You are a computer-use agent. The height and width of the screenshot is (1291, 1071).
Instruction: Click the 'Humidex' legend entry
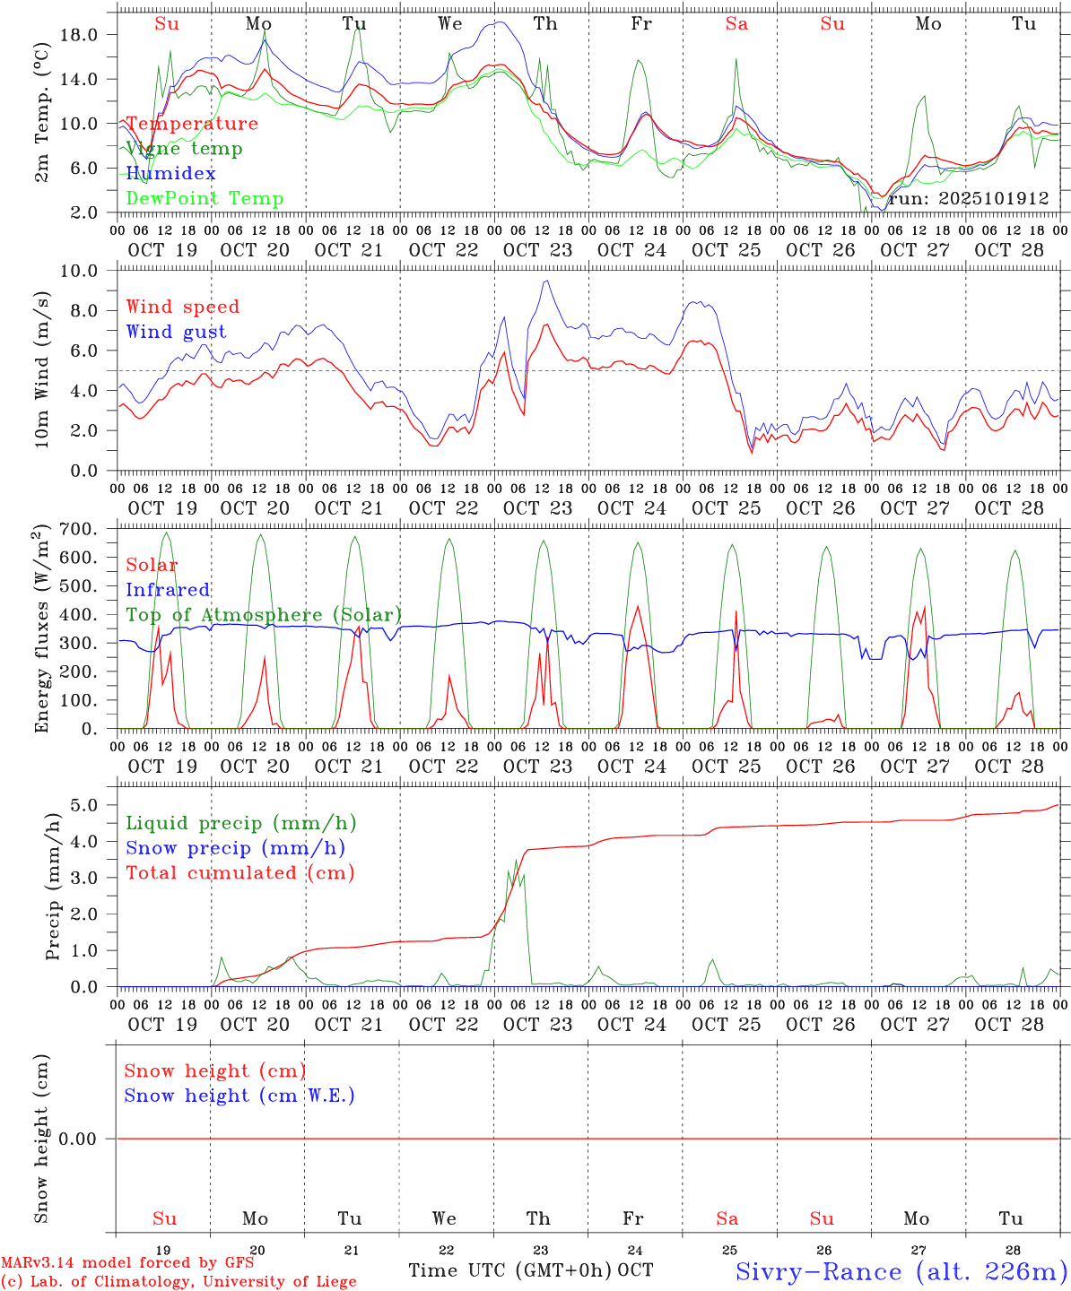tap(170, 174)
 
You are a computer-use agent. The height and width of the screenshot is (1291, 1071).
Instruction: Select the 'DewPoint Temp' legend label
tap(205, 199)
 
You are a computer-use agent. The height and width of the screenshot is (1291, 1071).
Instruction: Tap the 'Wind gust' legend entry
tap(176, 332)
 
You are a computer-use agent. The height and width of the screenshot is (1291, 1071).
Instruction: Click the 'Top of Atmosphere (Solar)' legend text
tap(264, 615)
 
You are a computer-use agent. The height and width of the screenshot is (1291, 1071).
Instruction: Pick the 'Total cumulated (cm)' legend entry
tap(239, 873)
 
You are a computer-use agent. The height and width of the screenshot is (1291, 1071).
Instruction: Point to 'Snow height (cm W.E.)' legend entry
tap(239, 1096)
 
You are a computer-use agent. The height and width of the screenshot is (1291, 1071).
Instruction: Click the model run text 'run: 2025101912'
tap(969, 199)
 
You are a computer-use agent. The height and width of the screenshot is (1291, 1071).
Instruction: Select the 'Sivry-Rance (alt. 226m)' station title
tap(901, 1271)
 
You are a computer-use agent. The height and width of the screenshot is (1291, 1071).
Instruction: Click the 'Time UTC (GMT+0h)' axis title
tap(510, 1270)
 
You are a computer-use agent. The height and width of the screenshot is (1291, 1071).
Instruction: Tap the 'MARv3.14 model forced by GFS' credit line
tap(127, 1263)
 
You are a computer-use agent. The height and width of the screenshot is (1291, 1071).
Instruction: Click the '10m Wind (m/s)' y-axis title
tap(41, 370)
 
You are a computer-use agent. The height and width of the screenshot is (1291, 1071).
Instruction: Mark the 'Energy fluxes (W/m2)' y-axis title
tap(41, 628)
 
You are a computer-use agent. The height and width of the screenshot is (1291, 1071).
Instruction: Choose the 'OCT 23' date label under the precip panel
tap(537, 1024)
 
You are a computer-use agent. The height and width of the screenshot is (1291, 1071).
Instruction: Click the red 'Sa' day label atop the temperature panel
tap(736, 24)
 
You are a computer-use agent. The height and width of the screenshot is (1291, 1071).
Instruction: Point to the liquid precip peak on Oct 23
tap(516, 861)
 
